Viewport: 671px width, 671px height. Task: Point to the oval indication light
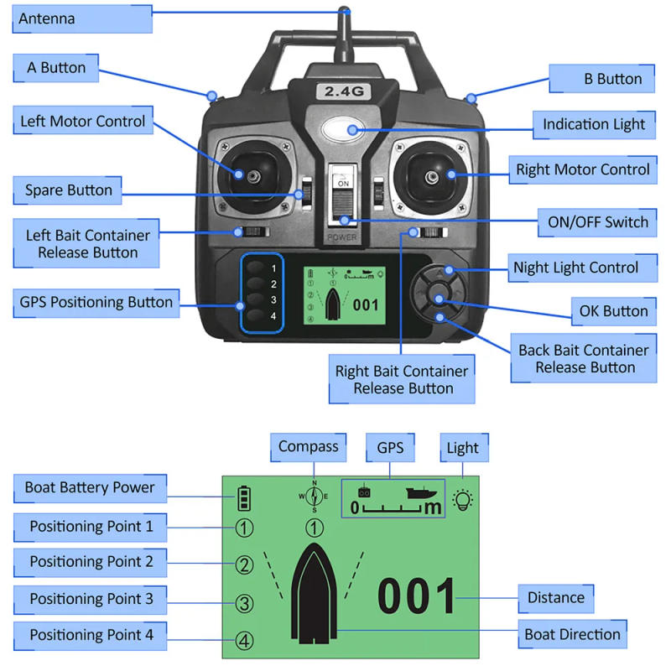tap(343, 130)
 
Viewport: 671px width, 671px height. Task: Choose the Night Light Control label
tap(575, 268)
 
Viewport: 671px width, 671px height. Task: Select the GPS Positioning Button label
tap(96, 302)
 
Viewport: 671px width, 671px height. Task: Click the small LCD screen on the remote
tap(344, 296)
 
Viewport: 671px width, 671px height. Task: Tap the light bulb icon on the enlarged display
tap(462, 500)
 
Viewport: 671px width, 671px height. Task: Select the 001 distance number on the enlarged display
tap(417, 597)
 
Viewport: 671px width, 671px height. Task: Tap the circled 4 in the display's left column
tap(244, 641)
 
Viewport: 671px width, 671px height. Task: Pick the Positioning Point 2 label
tap(91, 562)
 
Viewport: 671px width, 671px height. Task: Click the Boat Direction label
tap(572, 634)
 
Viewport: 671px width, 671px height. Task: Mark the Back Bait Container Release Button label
tap(583, 358)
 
